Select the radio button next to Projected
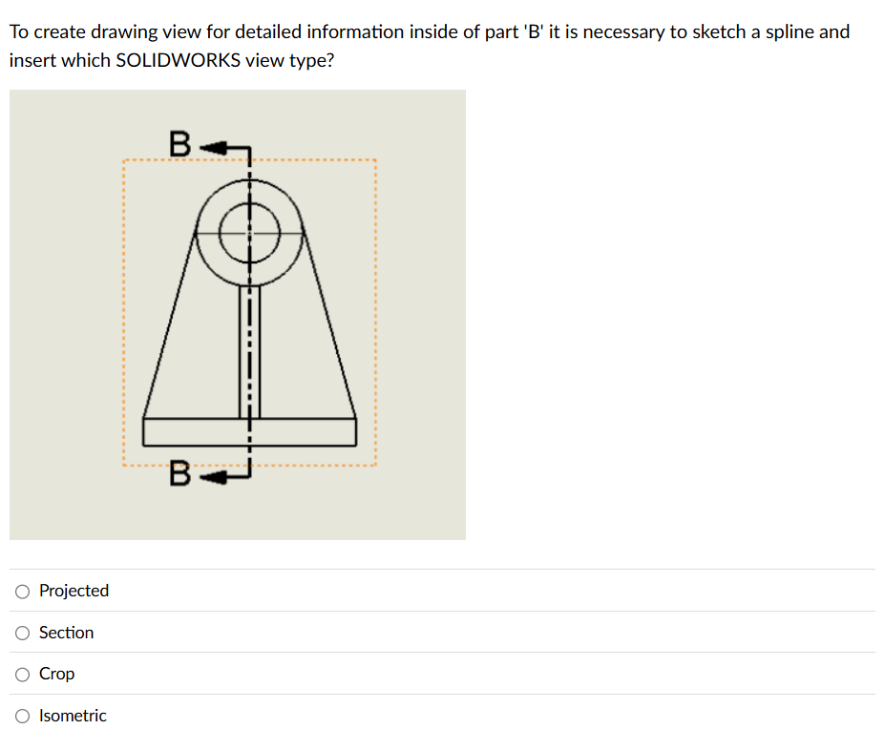(x=22, y=592)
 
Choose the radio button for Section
(x=22, y=633)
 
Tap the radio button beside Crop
(x=22, y=675)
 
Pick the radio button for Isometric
(x=22, y=716)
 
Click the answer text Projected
(x=74, y=591)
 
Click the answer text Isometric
(x=73, y=716)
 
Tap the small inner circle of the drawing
(x=250, y=232)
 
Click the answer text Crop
(x=56, y=674)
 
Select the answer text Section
(x=66, y=633)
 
